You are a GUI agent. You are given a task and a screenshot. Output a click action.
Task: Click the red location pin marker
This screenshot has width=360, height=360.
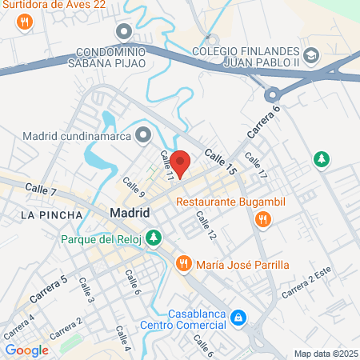[182, 163]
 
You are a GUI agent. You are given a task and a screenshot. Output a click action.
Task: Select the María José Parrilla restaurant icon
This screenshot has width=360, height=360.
[183, 262]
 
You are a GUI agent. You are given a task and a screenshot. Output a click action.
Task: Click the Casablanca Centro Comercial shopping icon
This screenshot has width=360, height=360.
[238, 318]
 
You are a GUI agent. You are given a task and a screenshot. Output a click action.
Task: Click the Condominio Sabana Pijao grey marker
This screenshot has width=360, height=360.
[122, 32]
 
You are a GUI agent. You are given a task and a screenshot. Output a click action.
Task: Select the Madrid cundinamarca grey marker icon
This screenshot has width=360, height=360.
[143, 134]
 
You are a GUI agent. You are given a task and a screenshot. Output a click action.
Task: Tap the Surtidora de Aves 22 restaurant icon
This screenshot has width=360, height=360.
[25, 22]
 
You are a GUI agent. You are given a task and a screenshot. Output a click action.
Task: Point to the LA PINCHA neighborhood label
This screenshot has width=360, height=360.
[51, 215]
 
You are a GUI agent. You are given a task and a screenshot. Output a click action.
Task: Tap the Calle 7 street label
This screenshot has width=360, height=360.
[41, 190]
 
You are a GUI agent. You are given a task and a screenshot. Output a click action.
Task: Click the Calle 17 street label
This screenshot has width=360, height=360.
[256, 166]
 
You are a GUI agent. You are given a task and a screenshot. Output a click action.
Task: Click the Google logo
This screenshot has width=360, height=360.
[27, 350]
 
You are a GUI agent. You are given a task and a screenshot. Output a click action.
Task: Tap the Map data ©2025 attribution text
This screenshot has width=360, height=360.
[325, 354]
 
